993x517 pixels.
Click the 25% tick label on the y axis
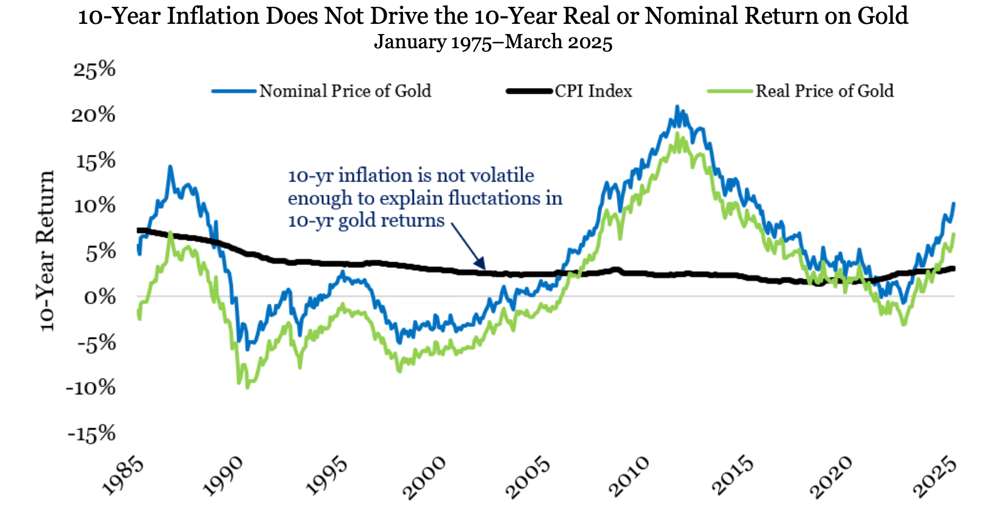(x=94, y=70)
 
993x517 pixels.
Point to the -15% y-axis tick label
(x=91, y=434)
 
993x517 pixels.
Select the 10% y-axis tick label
(x=95, y=205)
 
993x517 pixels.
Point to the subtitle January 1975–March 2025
(x=493, y=43)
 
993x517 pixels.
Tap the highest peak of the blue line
(x=677, y=106)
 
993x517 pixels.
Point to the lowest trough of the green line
(x=247, y=388)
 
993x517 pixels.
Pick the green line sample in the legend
(x=730, y=91)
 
